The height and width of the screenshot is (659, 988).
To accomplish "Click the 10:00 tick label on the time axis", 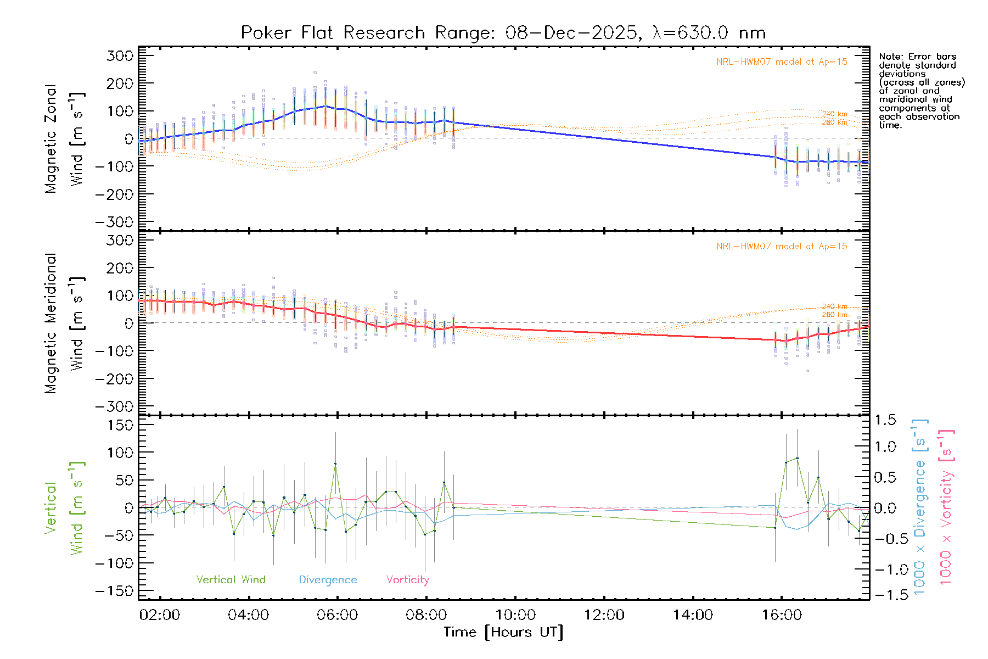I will pos(515,615).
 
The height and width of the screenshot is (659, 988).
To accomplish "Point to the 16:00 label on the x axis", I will pos(782,615).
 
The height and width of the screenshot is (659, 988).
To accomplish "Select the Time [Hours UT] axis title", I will pos(503,633).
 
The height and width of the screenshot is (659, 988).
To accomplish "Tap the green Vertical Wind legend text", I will pos(231,580).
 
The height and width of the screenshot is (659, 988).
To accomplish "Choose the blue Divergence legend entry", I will pos(328,580).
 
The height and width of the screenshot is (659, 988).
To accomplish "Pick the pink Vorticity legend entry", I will pos(407,580).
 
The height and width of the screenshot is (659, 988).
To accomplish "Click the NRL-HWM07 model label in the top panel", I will pos(782,62).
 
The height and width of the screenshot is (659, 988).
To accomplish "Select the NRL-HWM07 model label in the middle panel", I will pos(782,247).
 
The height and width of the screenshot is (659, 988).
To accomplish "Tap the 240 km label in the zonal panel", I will pos(834,114).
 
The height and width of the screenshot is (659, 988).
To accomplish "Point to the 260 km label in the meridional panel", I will pos(834,315).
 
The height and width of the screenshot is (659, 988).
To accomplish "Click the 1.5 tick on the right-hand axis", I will pos(885,420).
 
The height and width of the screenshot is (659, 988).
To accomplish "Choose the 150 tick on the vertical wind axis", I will pos(121,425).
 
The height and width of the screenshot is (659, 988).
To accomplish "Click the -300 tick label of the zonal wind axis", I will pos(114,222).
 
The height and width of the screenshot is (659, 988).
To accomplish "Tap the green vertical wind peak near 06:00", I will pos(335,464).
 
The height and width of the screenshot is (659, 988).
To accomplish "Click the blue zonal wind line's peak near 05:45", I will pos(325,106).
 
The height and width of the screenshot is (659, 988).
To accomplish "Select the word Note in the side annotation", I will pos(889,57).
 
